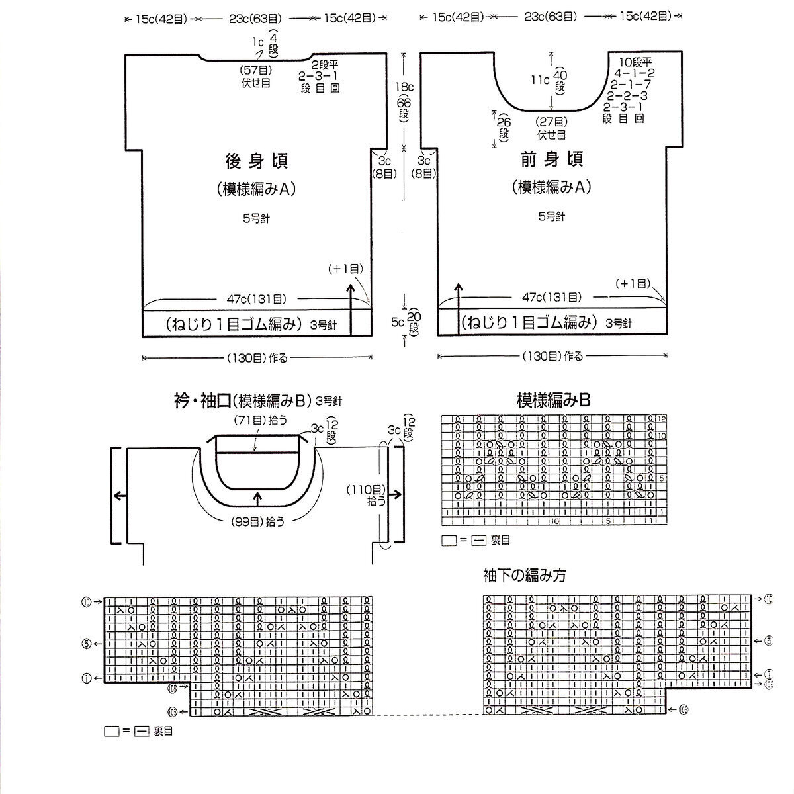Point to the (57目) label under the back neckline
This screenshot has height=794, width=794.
(255, 70)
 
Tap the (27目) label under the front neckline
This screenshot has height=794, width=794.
(551, 122)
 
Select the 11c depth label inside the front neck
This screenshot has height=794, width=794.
(541, 79)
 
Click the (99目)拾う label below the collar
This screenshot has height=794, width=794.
(258, 521)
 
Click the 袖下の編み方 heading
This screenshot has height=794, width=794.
(524, 575)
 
